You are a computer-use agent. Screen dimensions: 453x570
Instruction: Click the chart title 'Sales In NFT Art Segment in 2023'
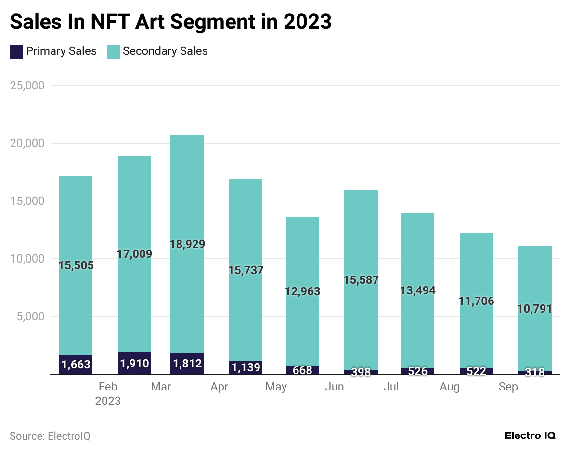(x=170, y=22)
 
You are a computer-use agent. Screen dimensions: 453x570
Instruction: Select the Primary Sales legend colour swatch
(x=16, y=51)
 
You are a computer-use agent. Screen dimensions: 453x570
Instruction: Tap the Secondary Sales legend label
(x=165, y=51)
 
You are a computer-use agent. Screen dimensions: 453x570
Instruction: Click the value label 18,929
(x=187, y=244)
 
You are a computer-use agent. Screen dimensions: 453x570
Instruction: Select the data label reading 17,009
(x=134, y=254)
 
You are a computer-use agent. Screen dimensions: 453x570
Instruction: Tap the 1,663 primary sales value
(x=76, y=365)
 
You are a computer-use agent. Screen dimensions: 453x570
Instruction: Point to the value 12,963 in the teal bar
(x=302, y=291)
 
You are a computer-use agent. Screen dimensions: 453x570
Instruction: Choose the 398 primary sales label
(x=361, y=372)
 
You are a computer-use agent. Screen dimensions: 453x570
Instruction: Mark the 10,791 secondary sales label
(x=534, y=309)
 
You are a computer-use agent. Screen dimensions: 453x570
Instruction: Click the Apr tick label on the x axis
(x=220, y=387)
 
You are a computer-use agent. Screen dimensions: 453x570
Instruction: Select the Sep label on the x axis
(x=508, y=387)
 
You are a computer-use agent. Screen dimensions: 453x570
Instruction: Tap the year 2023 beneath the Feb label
(x=108, y=401)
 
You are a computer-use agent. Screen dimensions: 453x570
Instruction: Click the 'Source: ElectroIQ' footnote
(x=50, y=436)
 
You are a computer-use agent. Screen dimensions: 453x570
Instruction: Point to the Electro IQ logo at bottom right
(x=530, y=436)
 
